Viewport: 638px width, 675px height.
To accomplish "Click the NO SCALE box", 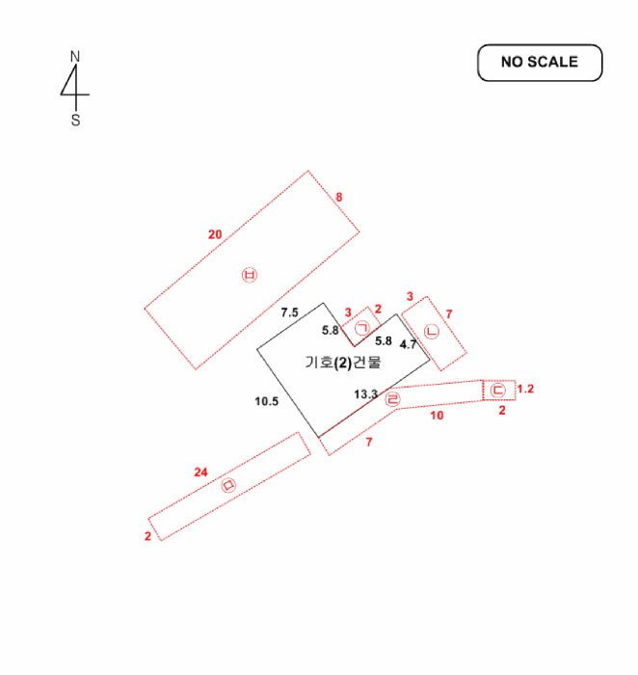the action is pyautogui.click(x=540, y=63).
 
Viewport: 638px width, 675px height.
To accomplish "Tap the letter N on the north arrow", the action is pyautogui.click(x=75, y=56).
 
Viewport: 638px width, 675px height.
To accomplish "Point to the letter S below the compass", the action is pyautogui.click(x=76, y=121).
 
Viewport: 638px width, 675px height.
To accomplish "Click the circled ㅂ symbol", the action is pyautogui.click(x=250, y=275).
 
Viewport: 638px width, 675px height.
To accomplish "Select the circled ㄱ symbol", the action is pyautogui.click(x=362, y=329).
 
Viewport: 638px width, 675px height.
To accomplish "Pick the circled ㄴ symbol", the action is pyautogui.click(x=432, y=332).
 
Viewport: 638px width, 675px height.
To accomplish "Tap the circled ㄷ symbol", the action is pyautogui.click(x=498, y=390).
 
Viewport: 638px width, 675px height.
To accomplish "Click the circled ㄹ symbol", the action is pyautogui.click(x=392, y=399).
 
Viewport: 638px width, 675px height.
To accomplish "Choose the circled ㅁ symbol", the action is pyautogui.click(x=228, y=485).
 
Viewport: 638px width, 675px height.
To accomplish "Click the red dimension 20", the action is pyautogui.click(x=215, y=234).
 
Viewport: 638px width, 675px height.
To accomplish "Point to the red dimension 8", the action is pyautogui.click(x=339, y=197).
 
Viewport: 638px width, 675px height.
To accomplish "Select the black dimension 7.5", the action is pyautogui.click(x=289, y=312).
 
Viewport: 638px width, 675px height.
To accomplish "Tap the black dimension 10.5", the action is pyautogui.click(x=267, y=401).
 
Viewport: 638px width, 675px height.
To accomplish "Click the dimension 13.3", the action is pyautogui.click(x=365, y=393).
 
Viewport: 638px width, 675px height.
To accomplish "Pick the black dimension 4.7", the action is pyautogui.click(x=409, y=344).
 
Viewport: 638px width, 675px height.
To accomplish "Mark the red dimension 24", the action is pyautogui.click(x=200, y=472).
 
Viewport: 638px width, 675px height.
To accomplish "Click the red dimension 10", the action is pyautogui.click(x=438, y=416).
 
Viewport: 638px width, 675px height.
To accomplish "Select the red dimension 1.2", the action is pyautogui.click(x=525, y=389).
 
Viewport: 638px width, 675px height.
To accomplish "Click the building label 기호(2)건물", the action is pyautogui.click(x=343, y=363).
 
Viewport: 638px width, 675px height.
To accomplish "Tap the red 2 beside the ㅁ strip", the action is pyautogui.click(x=148, y=536).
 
